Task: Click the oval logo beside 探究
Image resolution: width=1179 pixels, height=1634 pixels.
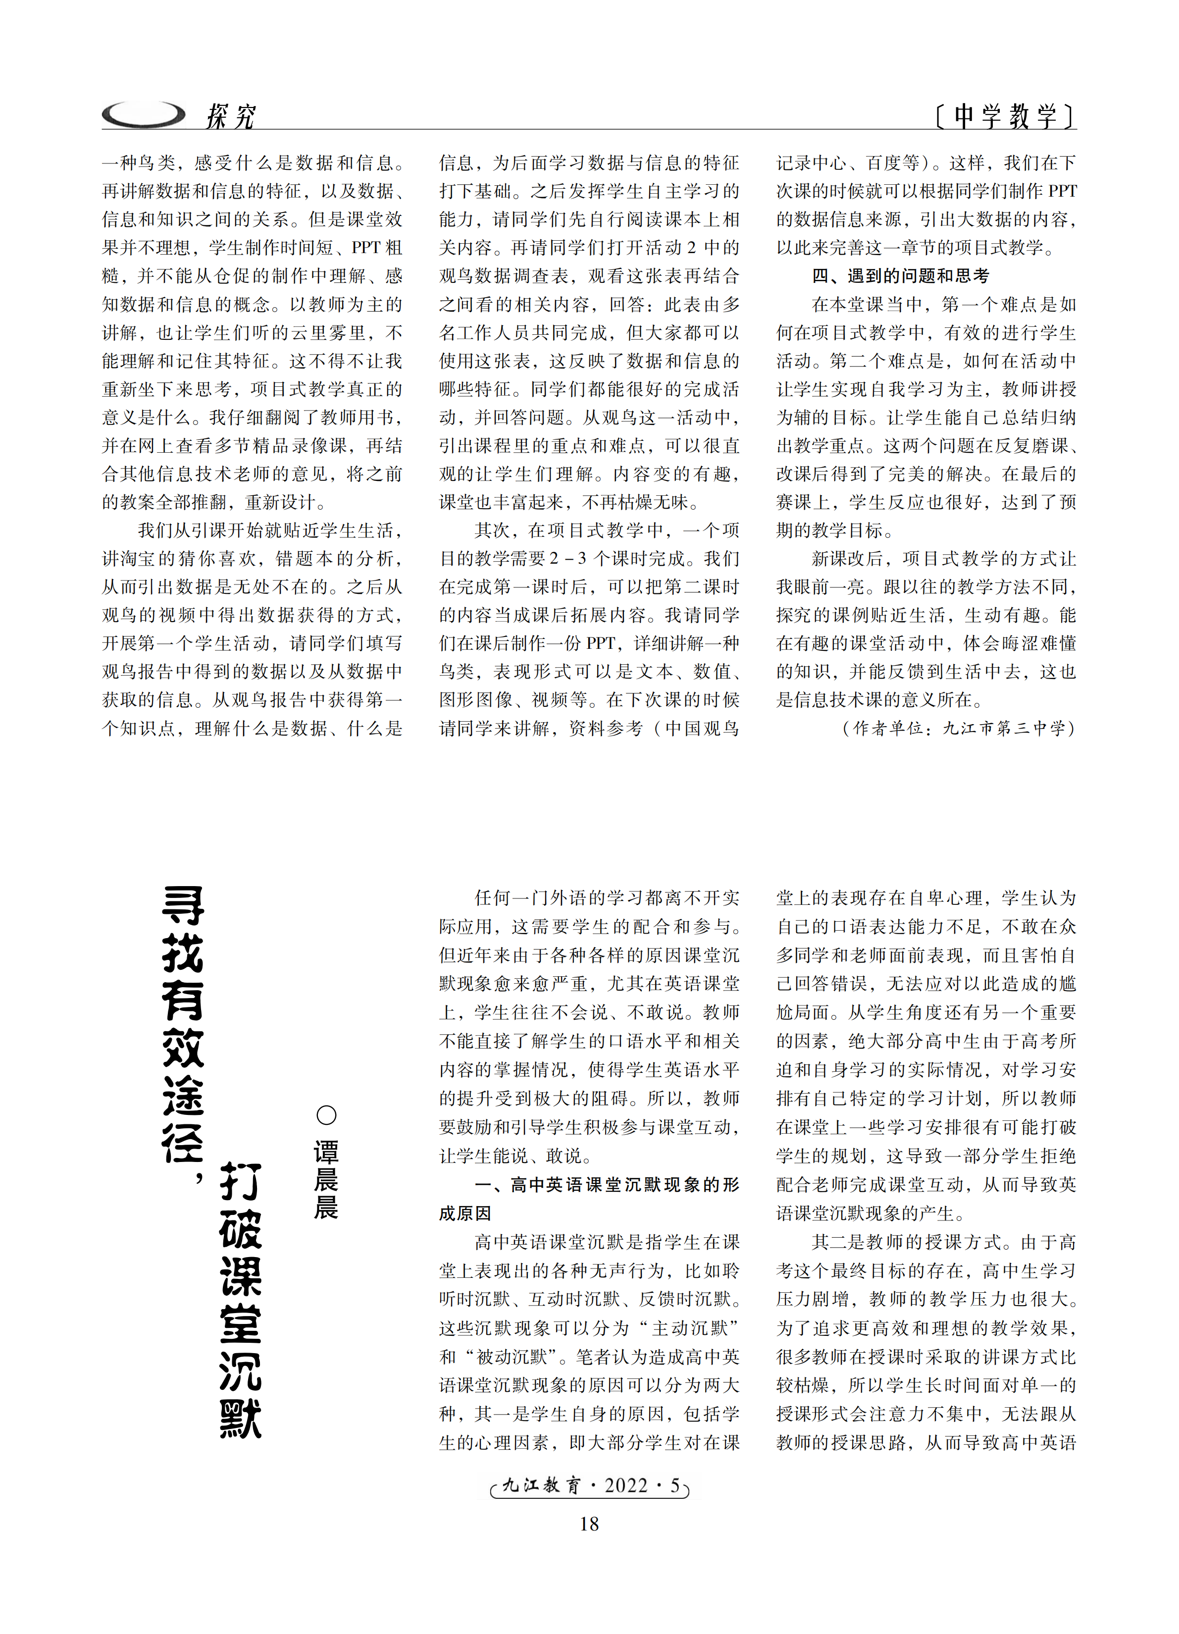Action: (x=143, y=114)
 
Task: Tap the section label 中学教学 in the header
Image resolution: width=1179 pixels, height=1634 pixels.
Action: (x=1005, y=115)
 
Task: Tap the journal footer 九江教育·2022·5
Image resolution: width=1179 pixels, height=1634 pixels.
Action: (x=589, y=1485)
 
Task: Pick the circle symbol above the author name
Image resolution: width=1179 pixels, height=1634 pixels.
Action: (x=326, y=1115)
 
